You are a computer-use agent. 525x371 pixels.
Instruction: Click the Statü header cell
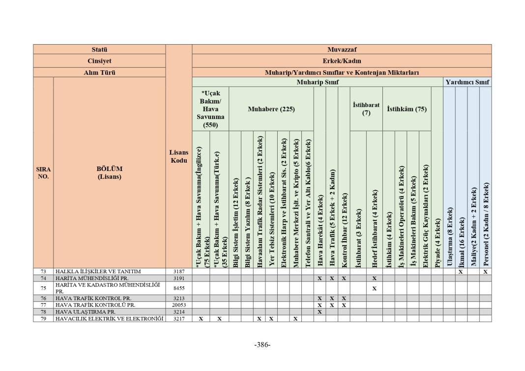pos(99,49)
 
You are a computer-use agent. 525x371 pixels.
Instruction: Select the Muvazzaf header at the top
pos(342,49)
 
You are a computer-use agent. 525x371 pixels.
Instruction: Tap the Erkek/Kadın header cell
pos(342,61)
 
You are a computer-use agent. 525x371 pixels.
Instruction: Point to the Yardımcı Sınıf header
pos(467,82)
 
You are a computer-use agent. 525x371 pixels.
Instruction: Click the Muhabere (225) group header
pos(271,109)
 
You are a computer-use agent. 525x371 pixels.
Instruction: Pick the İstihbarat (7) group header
pos(366,109)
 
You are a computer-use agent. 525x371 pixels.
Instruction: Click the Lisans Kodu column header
pos(178,156)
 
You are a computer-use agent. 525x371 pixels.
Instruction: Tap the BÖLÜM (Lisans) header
pos(109,172)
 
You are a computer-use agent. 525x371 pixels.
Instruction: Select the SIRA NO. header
pos(43,172)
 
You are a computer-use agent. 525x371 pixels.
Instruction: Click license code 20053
pos(178,305)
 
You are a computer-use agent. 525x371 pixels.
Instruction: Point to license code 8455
pos(178,288)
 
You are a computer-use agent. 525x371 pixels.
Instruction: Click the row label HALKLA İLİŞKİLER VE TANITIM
pos(98,271)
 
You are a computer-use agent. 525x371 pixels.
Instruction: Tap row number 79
pos(43,318)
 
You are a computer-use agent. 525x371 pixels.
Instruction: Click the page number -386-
pos(262,344)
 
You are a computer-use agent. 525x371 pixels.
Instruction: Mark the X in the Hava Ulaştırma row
pos(320,312)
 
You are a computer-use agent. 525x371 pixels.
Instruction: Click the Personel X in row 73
pos(485,271)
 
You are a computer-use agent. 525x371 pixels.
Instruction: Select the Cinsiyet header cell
pos(99,61)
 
